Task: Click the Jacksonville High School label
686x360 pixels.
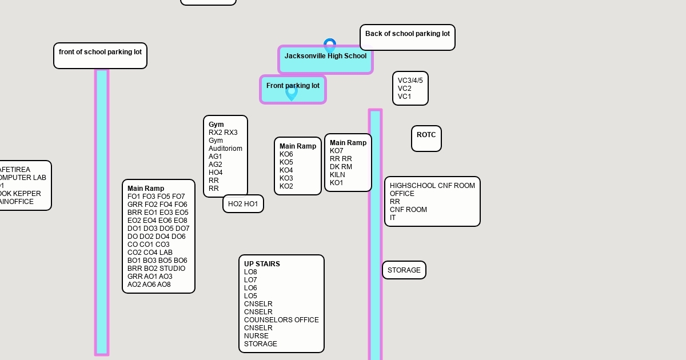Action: pos(325,56)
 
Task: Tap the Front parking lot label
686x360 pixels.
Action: pos(293,86)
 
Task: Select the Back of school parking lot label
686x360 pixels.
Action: pos(407,34)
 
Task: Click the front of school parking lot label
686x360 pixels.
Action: pos(100,52)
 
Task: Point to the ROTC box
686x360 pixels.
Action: pos(426,135)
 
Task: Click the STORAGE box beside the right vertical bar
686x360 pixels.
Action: pos(404,270)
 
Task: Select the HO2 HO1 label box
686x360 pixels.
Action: pos(243,204)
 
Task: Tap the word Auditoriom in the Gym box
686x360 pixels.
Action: pos(225,149)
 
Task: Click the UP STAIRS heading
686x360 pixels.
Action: pos(262,264)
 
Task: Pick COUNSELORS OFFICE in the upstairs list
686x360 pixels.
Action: pos(281,320)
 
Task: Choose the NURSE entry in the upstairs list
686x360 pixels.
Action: pos(256,336)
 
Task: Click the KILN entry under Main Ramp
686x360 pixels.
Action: pos(337,175)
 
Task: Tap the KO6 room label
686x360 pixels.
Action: pos(286,154)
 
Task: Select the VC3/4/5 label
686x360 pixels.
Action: pos(410,81)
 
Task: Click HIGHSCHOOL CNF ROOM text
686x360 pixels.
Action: pos(432,186)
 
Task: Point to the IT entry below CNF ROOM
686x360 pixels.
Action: pos(393,218)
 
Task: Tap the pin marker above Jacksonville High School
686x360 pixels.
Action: pos(330,45)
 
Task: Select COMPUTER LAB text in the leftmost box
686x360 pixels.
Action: pos(23,178)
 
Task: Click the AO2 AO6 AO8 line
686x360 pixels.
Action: pos(149,285)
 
